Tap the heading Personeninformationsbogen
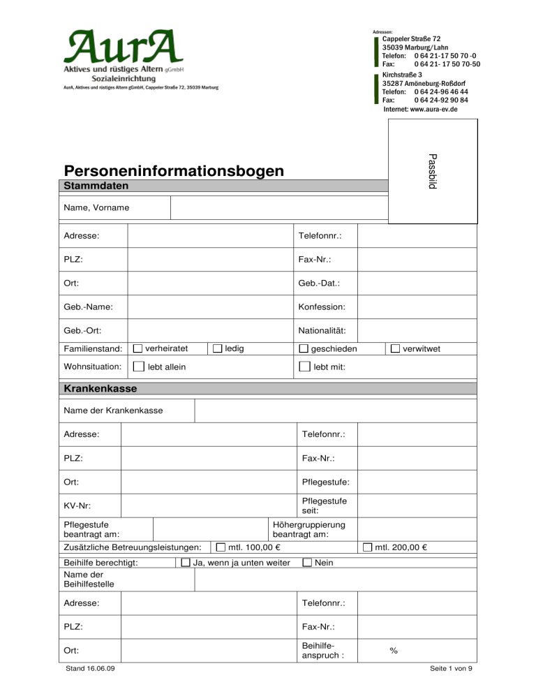[174, 171]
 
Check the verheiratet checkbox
[137, 348]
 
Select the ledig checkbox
[218, 348]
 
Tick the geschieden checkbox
[304, 348]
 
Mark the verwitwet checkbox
[395, 348]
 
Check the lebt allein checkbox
[138, 367]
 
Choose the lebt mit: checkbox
[304, 367]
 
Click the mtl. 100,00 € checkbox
[221, 547]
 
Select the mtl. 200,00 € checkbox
[367, 547]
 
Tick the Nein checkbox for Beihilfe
[307, 563]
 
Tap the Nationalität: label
[322, 330]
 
